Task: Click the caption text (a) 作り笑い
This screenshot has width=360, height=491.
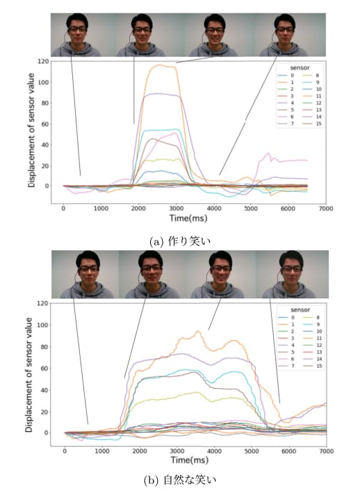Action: (180, 241)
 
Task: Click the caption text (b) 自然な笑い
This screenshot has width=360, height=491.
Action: (180, 479)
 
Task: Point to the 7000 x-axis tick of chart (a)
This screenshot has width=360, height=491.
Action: (325, 209)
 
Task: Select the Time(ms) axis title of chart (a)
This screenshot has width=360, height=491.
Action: (188, 218)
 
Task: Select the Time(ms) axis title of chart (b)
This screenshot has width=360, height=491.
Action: (190, 460)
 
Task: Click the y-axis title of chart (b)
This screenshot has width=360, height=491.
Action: (28, 375)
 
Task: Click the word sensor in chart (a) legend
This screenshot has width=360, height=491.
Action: (300, 68)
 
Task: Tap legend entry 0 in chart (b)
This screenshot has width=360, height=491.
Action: (286, 318)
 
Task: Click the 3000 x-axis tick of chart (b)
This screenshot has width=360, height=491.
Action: (177, 451)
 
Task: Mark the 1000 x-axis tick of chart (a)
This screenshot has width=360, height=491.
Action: (101, 209)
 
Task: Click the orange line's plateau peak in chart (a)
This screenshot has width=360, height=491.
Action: (161, 65)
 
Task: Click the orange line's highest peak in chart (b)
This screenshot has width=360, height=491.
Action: (198, 331)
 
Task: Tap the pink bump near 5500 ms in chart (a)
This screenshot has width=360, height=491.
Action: (268, 154)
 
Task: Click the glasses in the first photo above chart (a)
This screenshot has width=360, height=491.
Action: (77, 29)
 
